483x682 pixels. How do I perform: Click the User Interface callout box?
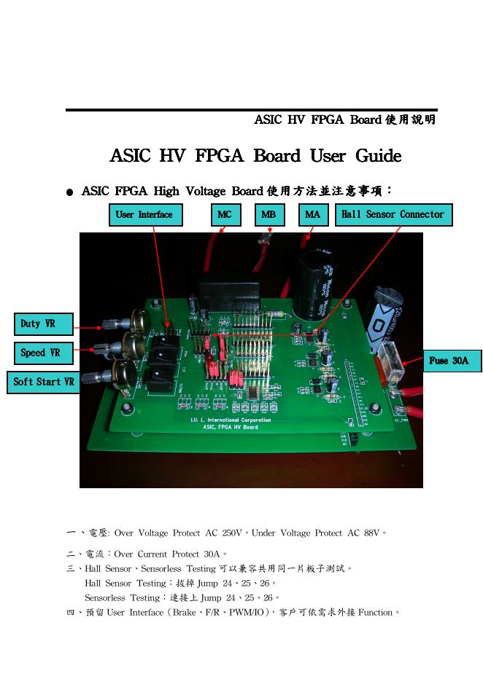[145, 215]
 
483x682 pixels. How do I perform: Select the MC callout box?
[225, 215]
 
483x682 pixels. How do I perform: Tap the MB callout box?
[269, 215]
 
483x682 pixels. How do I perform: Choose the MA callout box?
[313, 215]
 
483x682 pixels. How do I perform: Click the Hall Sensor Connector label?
[393, 215]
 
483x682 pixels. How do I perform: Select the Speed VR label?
[44, 353]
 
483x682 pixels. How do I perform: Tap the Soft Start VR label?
[44, 382]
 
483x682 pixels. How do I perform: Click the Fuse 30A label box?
[452, 361]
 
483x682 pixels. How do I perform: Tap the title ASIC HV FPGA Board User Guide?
[255, 157]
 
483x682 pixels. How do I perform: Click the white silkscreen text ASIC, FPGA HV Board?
[230, 428]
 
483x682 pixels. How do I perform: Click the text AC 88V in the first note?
[359, 533]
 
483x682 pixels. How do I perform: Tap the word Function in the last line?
[375, 613]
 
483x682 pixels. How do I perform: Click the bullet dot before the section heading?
[70, 193]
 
